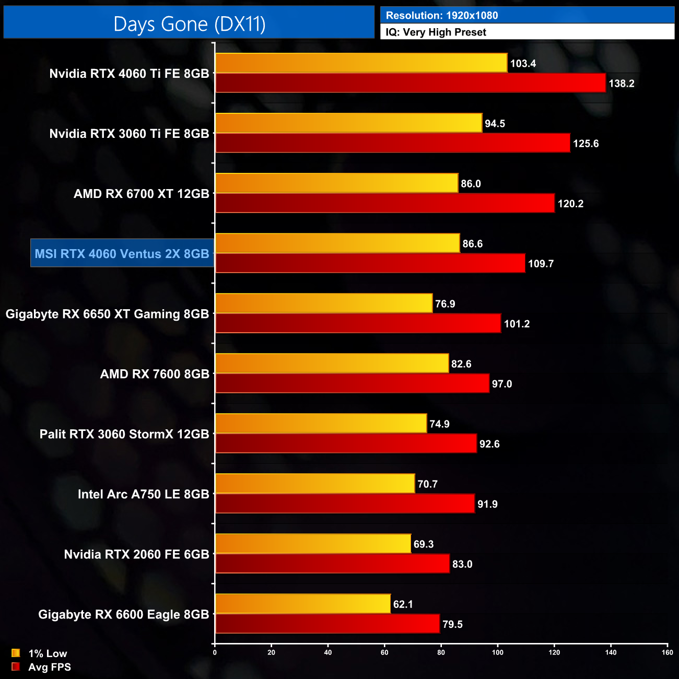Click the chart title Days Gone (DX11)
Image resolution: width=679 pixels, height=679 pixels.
click(189, 24)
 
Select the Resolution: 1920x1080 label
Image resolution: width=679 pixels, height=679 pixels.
click(441, 15)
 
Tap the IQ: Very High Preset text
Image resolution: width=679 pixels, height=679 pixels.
click(436, 32)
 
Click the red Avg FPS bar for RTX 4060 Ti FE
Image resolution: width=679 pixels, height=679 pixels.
click(410, 83)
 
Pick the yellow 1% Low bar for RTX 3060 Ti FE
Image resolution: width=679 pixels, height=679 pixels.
click(348, 123)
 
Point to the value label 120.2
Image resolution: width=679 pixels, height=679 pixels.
click(570, 204)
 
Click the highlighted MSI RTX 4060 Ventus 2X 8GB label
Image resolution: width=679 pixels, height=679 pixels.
click(122, 254)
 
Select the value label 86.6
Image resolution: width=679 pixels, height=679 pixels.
click(472, 244)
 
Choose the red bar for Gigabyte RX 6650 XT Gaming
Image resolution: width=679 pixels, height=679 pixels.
click(358, 323)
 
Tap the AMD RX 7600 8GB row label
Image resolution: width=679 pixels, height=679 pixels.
click(155, 374)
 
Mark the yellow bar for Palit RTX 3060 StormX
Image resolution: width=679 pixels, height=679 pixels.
click(321, 424)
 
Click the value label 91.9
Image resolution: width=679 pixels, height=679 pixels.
click(487, 504)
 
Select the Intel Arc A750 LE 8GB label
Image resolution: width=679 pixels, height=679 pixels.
click(143, 494)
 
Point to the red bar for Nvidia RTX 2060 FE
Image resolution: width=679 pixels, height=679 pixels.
click(332, 564)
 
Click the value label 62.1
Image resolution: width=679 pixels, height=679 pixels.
click(403, 604)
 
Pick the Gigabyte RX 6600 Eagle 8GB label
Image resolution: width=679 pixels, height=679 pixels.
click(123, 614)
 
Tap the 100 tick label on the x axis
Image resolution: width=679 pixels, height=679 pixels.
click(498, 652)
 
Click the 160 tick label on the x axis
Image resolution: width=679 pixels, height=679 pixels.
click(667, 652)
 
